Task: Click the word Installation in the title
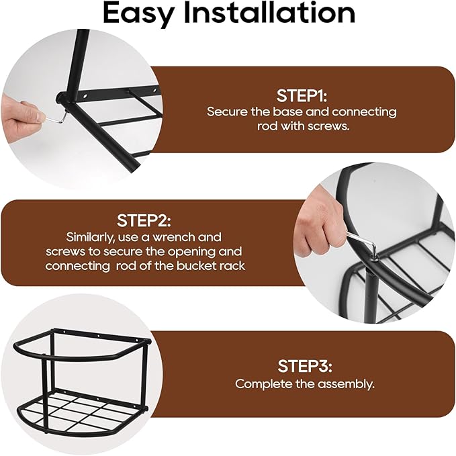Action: (x=270, y=13)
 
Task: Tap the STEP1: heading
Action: (x=302, y=95)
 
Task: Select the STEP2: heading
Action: (x=144, y=221)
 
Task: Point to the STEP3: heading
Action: (x=304, y=366)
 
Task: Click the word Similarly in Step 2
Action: (x=91, y=238)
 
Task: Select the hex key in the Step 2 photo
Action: (x=362, y=242)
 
